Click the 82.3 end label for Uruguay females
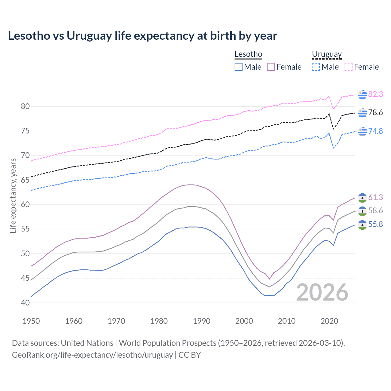point(375,94)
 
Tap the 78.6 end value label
point(375,113)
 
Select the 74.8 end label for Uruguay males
point(375,131)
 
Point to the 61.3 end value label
point(375,198)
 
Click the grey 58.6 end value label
point(375,211)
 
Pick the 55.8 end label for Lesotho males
point(375,225)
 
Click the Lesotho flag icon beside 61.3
point(362,198)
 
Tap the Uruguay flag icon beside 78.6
point(362,113)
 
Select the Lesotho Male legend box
point(239,67)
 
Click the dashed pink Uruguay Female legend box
point(349,67)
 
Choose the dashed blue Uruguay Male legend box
point(316,67)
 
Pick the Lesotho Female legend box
point(271,67)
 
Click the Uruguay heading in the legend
point(327,54)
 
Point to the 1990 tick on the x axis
point(202,321)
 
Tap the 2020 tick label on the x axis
point(329,321)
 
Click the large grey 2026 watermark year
point(322,292)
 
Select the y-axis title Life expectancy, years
point(13,195)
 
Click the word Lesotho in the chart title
point(29,36)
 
